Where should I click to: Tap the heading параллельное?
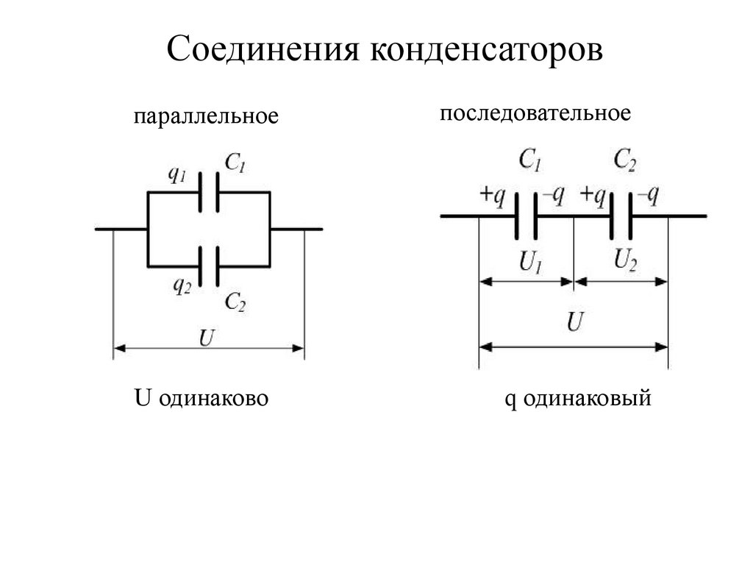click(207, 117)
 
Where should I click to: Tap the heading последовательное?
click(535, 113)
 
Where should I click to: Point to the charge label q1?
click(176, 174)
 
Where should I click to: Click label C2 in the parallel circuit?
click(235, 301)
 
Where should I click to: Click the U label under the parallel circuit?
click(207, 338)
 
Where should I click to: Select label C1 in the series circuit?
click(529, 160)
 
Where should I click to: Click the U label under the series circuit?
click(576, 322)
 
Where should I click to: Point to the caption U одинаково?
click(201, 399)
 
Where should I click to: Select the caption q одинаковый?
click(578, 399)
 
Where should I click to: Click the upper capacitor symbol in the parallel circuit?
click(209, 193)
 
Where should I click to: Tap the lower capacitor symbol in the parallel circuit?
click(209, 266)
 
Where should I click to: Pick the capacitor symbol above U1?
click(525, 216)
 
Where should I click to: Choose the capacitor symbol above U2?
click(621, 216)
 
